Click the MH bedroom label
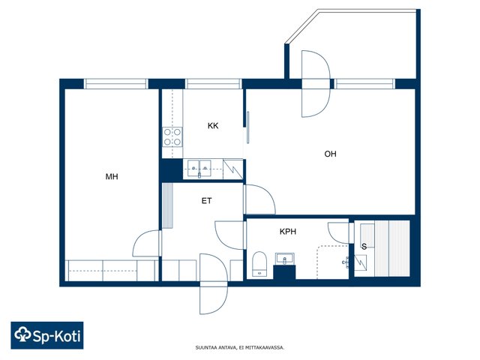pyautogui.click(x=112, y=177)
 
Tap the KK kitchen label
pyautogui.click(x=213, y=126)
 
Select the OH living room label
pyautogui.click(x=330, y=154)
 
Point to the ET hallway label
pyautogui.click(x=207, y=201)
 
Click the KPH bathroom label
pyautogui.click(x=288, y=232)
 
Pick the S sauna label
pyautogui.click(x=364, y=247)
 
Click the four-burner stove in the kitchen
pyautogui.click(x=172, y=136)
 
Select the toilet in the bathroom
pyautogui.click(x=259, y=264)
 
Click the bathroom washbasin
pyautogui.click(x=285, y=259)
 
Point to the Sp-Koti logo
pyautogui.click(x=47, y=335)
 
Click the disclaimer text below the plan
pyautogui.click(x=240, y=348)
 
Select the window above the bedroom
pyautogui.click(x=115, y=84)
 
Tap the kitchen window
pyautogui.click(x=214, y=84)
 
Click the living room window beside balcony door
pyautogui.click(x=364, y=84)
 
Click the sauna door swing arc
pyautogui.click(x=334, y=232)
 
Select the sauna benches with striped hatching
pyautogui.click(x=392, y=248)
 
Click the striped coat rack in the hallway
pyautogui.click(x=168, y=205)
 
